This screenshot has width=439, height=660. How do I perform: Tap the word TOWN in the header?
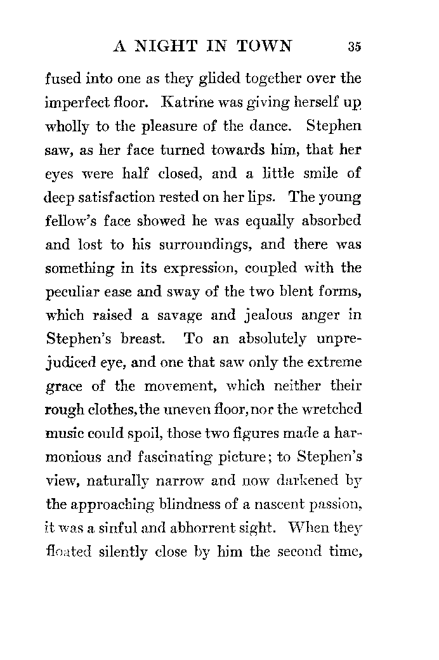coord(265,46)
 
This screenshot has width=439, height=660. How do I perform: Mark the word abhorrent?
coord(227,528)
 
